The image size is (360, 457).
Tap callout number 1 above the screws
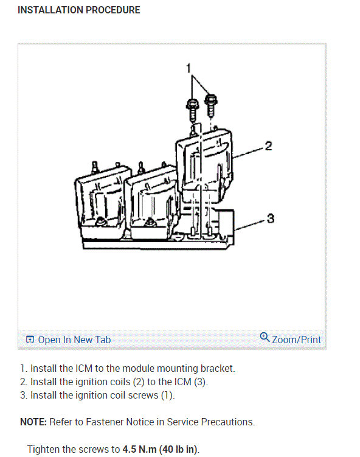[x=189, y=68]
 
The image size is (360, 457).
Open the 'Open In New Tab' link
[x=74, y=340]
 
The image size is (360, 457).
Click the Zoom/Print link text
[x=296, y=340]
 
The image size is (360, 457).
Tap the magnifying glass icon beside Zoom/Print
[x=265, y=338]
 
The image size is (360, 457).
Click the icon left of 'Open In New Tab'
[x=30, y=340]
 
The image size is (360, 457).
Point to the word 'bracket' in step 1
[x=218, y=368]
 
